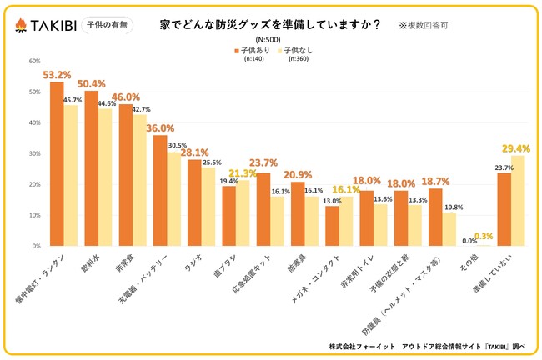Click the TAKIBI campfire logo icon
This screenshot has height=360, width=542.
21,27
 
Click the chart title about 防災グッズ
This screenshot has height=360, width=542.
271,24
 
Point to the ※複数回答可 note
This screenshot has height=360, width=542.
428,26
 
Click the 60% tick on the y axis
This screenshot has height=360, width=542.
34,61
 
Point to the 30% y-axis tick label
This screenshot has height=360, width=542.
34,154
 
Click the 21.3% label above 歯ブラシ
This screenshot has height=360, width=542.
243,173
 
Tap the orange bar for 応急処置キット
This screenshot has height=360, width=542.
263,209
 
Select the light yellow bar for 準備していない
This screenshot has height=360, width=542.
518,201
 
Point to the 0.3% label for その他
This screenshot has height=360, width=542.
483,236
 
